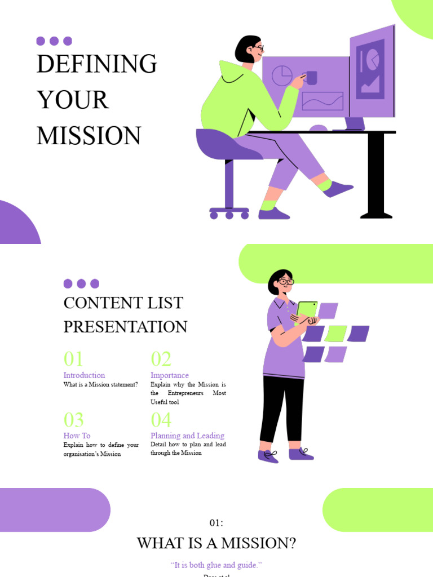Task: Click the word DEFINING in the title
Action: coord(96,64)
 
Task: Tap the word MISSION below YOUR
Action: coord(89,136)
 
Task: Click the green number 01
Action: coord(73,359)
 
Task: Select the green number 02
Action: coord(161,359)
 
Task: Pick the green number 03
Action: coord(73,420)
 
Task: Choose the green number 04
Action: coord(161,420)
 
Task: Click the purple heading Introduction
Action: coord(84,375)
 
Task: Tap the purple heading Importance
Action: coord(169,375)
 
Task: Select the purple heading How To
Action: coord(77,436)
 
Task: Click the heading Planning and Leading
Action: coord(187,436)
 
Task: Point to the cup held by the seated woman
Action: coord(311,78)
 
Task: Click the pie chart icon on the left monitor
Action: coord(282,76)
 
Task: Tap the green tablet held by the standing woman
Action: coord(307,310)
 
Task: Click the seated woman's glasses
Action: coord(258,49)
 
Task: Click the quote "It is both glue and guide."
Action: coord(216,565)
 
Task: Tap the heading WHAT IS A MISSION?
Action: coord(216,544)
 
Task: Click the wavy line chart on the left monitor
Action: coord(322,101)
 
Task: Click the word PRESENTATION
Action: coord(125,327)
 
